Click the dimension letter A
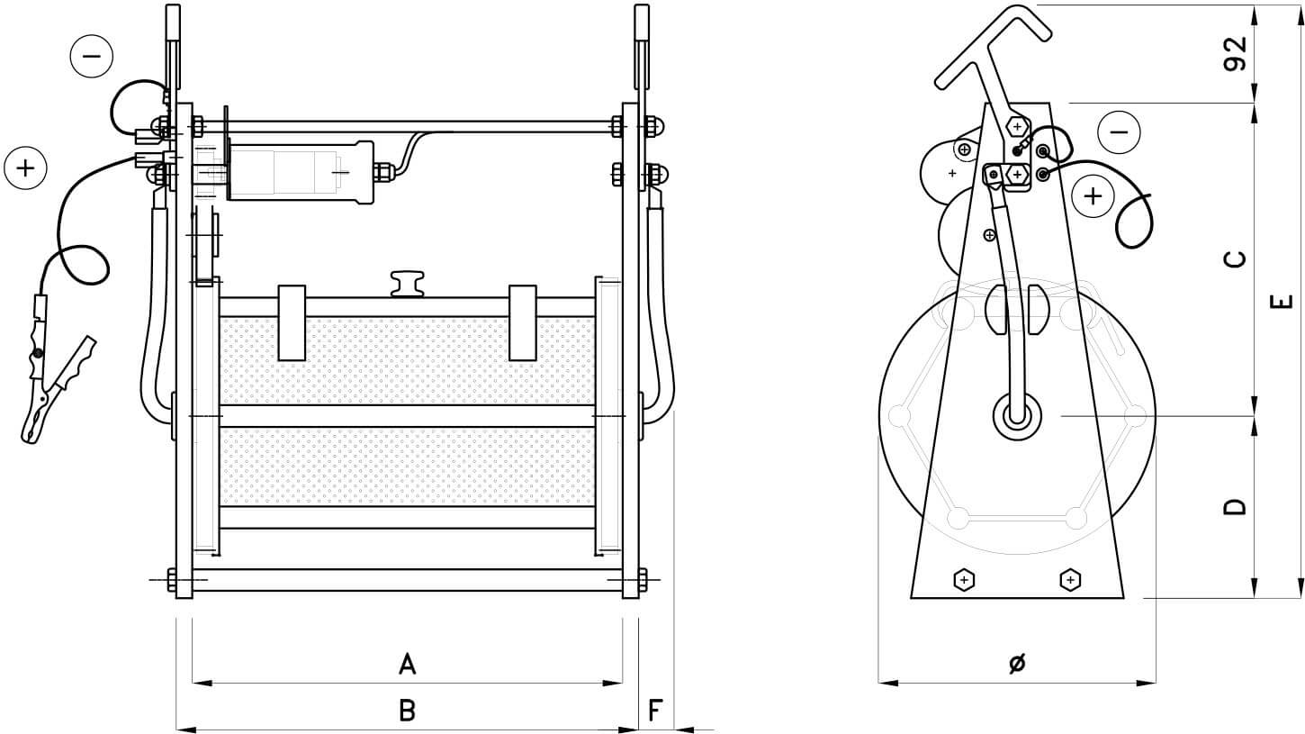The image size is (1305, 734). click(407, 665)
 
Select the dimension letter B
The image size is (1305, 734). click(407, 711)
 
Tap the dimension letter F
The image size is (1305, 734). click(656, 711)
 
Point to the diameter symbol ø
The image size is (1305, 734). click(1017, 664)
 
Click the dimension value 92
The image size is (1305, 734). click(1236, 53)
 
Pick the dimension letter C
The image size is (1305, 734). click(1236, 259)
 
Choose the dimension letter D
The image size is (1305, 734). click(1236, 506)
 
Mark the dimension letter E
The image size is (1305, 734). click(1285, 301)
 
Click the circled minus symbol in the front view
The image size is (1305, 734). click(91, 56)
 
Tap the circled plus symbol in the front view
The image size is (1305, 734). click(26, 168)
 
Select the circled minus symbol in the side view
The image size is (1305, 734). click(1119, 132)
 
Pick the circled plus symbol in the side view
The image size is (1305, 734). click(1093, 195)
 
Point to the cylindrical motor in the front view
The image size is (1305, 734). click(301, 169)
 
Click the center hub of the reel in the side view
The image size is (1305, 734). click(1017, 416)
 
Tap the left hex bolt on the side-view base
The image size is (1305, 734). click(964, 579)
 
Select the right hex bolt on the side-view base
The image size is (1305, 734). click(1070, 579)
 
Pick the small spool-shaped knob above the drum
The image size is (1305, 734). click(407, 282)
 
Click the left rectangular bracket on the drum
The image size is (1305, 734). click(292, 322)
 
